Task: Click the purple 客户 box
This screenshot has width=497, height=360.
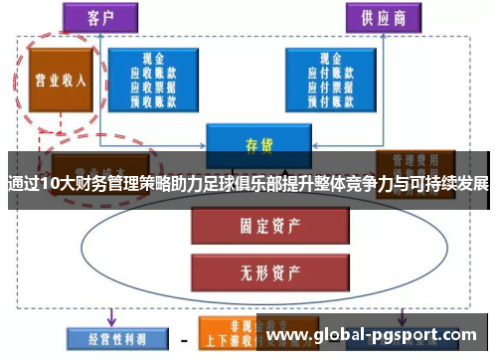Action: [x=100, y=17]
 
